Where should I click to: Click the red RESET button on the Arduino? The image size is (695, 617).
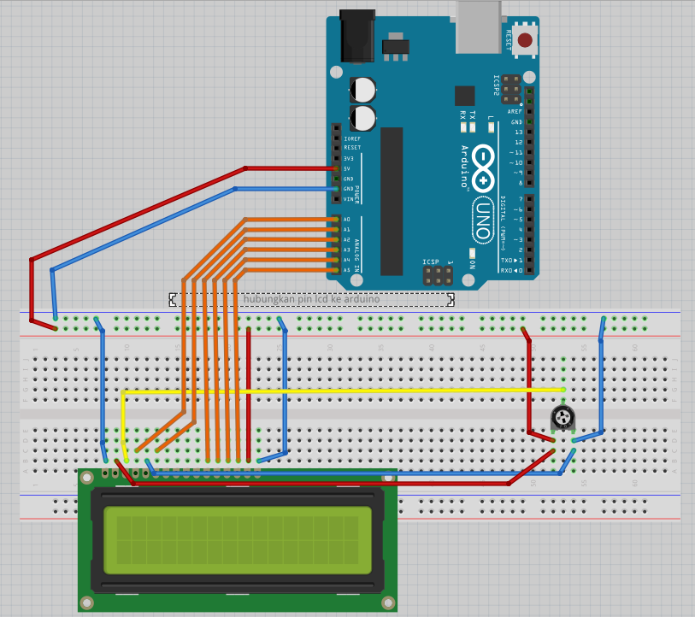click(524, 39)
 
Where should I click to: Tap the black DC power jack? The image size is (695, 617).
click(356, 36)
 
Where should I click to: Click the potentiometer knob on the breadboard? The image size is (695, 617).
click(562, 417)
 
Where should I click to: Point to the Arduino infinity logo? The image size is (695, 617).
click(483, 167)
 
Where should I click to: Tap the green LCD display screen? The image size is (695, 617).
click(238, 540)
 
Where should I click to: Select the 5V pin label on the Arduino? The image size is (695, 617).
click(347, 168)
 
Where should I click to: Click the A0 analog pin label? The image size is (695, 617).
click(347, 220)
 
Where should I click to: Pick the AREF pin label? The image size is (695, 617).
click(515, 112)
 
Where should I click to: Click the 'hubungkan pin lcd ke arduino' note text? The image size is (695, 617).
click(311, 299)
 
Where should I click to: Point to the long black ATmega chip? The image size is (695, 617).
click(392, 201)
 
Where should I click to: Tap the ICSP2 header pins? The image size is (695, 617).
click(510, 88)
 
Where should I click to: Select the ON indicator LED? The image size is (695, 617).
click(471, 254)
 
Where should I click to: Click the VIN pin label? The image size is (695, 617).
click(348, 199)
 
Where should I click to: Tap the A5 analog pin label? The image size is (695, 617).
click(347, 270)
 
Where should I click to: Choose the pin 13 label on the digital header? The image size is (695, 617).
click(518, 132)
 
